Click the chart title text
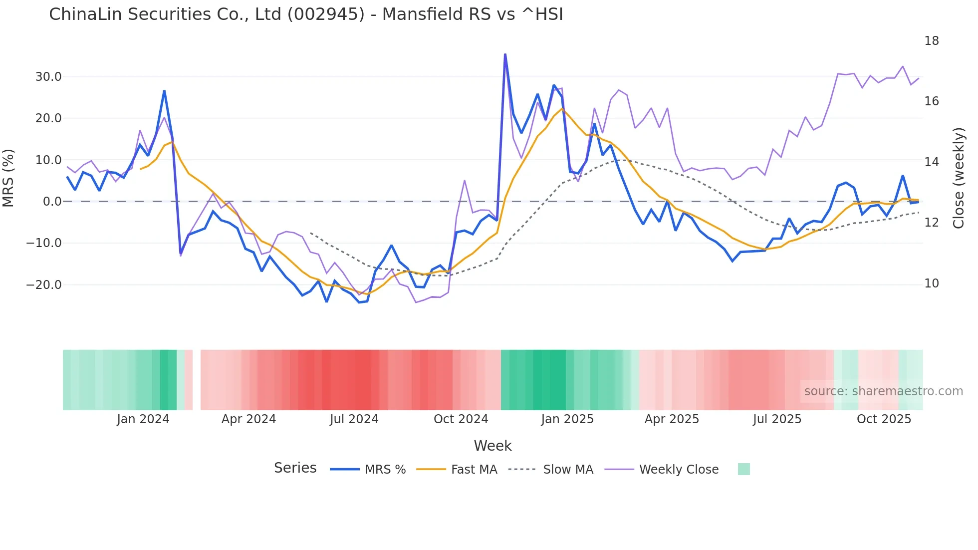coord(306,14)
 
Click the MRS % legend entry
coord(385,470)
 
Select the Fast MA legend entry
coord(474,470)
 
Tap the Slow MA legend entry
coord(568,470)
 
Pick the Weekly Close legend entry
coord(679,470)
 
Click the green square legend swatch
coord(743,469)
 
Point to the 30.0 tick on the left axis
coord(48,77)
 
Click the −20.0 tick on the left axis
coord(44,285)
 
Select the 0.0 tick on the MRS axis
coord(52,202)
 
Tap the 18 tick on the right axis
coord(931,41)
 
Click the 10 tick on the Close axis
coord(931,283)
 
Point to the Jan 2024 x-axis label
coord(143,419)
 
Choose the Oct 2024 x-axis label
coord(461,419)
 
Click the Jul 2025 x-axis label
coord(777,419)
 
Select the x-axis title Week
coord(492,446)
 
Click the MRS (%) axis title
coord(8,178)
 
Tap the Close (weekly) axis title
coord(959,178)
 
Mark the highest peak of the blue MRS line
coord(505,54)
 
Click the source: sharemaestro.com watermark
coord(883,391)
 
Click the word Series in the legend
coord(295,468)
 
